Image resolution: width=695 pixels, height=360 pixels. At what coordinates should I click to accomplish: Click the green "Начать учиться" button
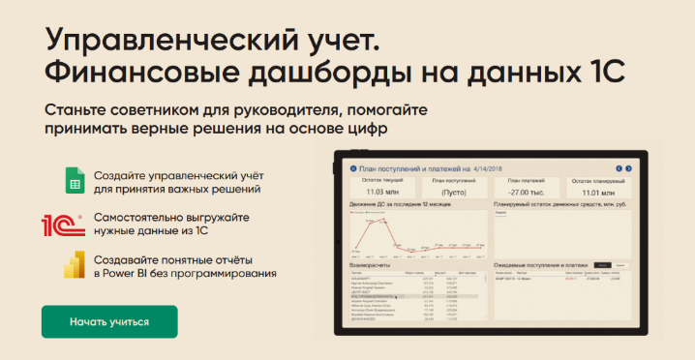click(109, 321)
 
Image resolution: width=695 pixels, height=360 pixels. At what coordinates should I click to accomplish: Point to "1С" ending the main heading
click(602, 73)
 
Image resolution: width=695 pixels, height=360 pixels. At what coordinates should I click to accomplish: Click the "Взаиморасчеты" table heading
click(371, 263)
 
